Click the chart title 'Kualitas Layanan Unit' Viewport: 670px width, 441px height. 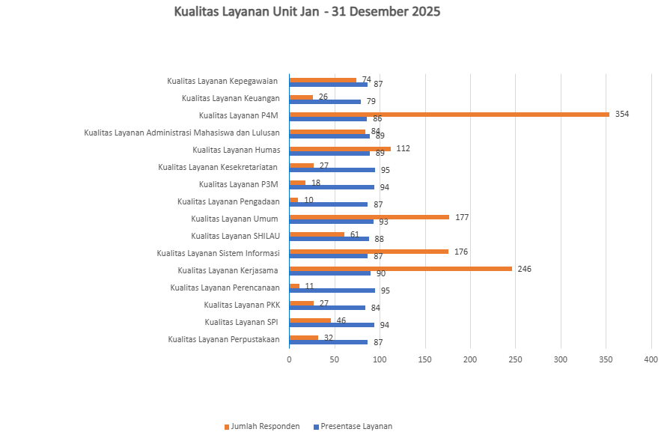(x=246, y=11)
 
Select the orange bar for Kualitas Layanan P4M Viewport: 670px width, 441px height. (x=449, y=115)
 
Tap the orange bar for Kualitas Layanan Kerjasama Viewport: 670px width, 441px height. (x=401, y=269)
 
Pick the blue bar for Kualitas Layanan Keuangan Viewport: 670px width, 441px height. (x=325, y=102)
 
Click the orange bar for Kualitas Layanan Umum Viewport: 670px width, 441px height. (x=369, y=217)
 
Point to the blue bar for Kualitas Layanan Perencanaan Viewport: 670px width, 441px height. (x=332, y=291)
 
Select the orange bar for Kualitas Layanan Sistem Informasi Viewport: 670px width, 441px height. (x=369, y=252)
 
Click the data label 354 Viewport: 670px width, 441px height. (x=622, y=114)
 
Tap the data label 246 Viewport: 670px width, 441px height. (x=524, y=269)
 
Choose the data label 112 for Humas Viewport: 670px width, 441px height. (x=403, y=149)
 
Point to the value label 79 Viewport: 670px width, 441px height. (x=371, y=101)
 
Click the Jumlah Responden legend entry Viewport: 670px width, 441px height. (x=262, y=427)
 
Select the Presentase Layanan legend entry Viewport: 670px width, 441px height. (x=353, y=427)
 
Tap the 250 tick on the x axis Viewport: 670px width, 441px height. (x=515, y=360)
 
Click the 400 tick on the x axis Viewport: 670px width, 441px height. (x=651, y=360)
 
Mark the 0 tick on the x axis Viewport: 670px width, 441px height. (x=289, y=360)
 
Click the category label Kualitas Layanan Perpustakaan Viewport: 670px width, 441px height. (x=224, y=340)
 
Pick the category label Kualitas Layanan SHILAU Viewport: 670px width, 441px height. (x=236, y=237)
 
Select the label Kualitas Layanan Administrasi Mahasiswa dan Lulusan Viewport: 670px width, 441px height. (x=182, y=133)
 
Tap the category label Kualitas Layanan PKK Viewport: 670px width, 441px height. (x=242, y=305)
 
